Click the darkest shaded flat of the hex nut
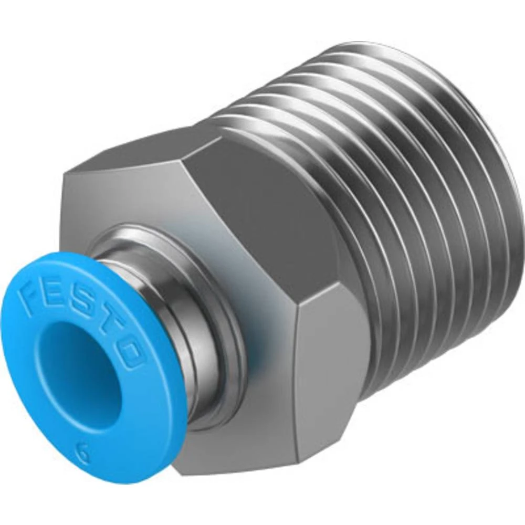click(x=262, y=220)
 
